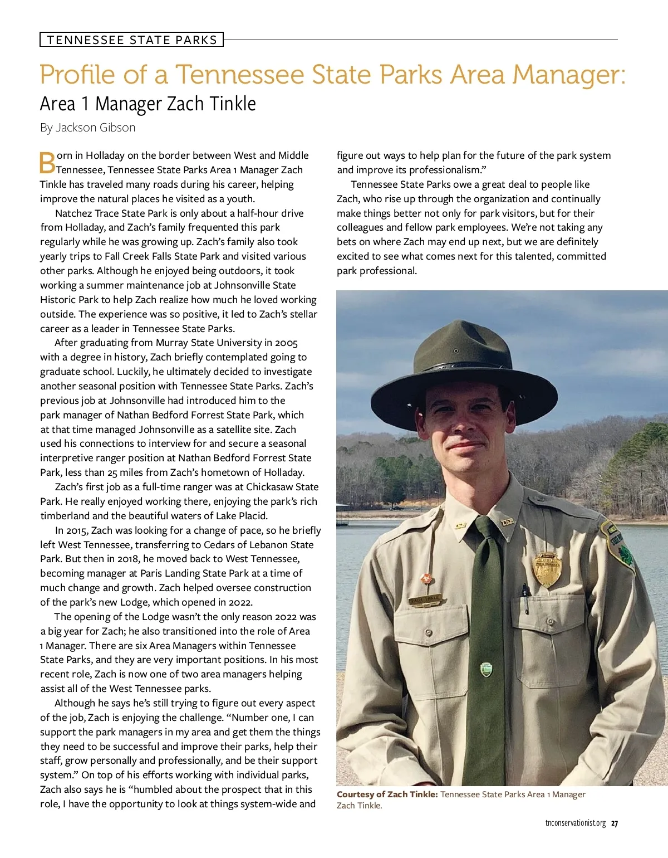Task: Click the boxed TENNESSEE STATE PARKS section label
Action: pyautogui.click(x=131, y=40)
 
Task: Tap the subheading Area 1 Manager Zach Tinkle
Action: pyautogui.click(x=148, y=104)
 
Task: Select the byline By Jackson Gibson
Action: pyautogui.click(x=87, y=128)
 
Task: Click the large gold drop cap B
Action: pyautogui.click(x=47, y=162)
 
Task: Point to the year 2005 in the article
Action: pyautogui.click(x=286, y=343)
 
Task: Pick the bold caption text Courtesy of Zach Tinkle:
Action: pyautogui.click(x=387, y=794)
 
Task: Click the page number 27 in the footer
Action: pyautogui.click(x=615, y=823)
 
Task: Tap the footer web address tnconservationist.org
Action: pyautogui.click(x=575, y=823)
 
